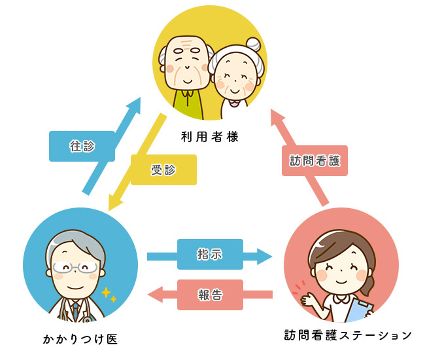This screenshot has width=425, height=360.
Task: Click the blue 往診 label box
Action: [82, 146]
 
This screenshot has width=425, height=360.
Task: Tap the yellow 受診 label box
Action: [163, 170]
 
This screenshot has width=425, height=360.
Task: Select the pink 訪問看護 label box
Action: [314, 160]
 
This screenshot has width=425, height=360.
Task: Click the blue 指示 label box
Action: [210, 254]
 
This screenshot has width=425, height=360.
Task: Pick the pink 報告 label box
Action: [210, 295]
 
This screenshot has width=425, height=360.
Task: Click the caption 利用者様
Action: [210, 137]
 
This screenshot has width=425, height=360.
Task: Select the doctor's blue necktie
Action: [76, 308]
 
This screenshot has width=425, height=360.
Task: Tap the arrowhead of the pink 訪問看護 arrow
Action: [277, 117]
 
